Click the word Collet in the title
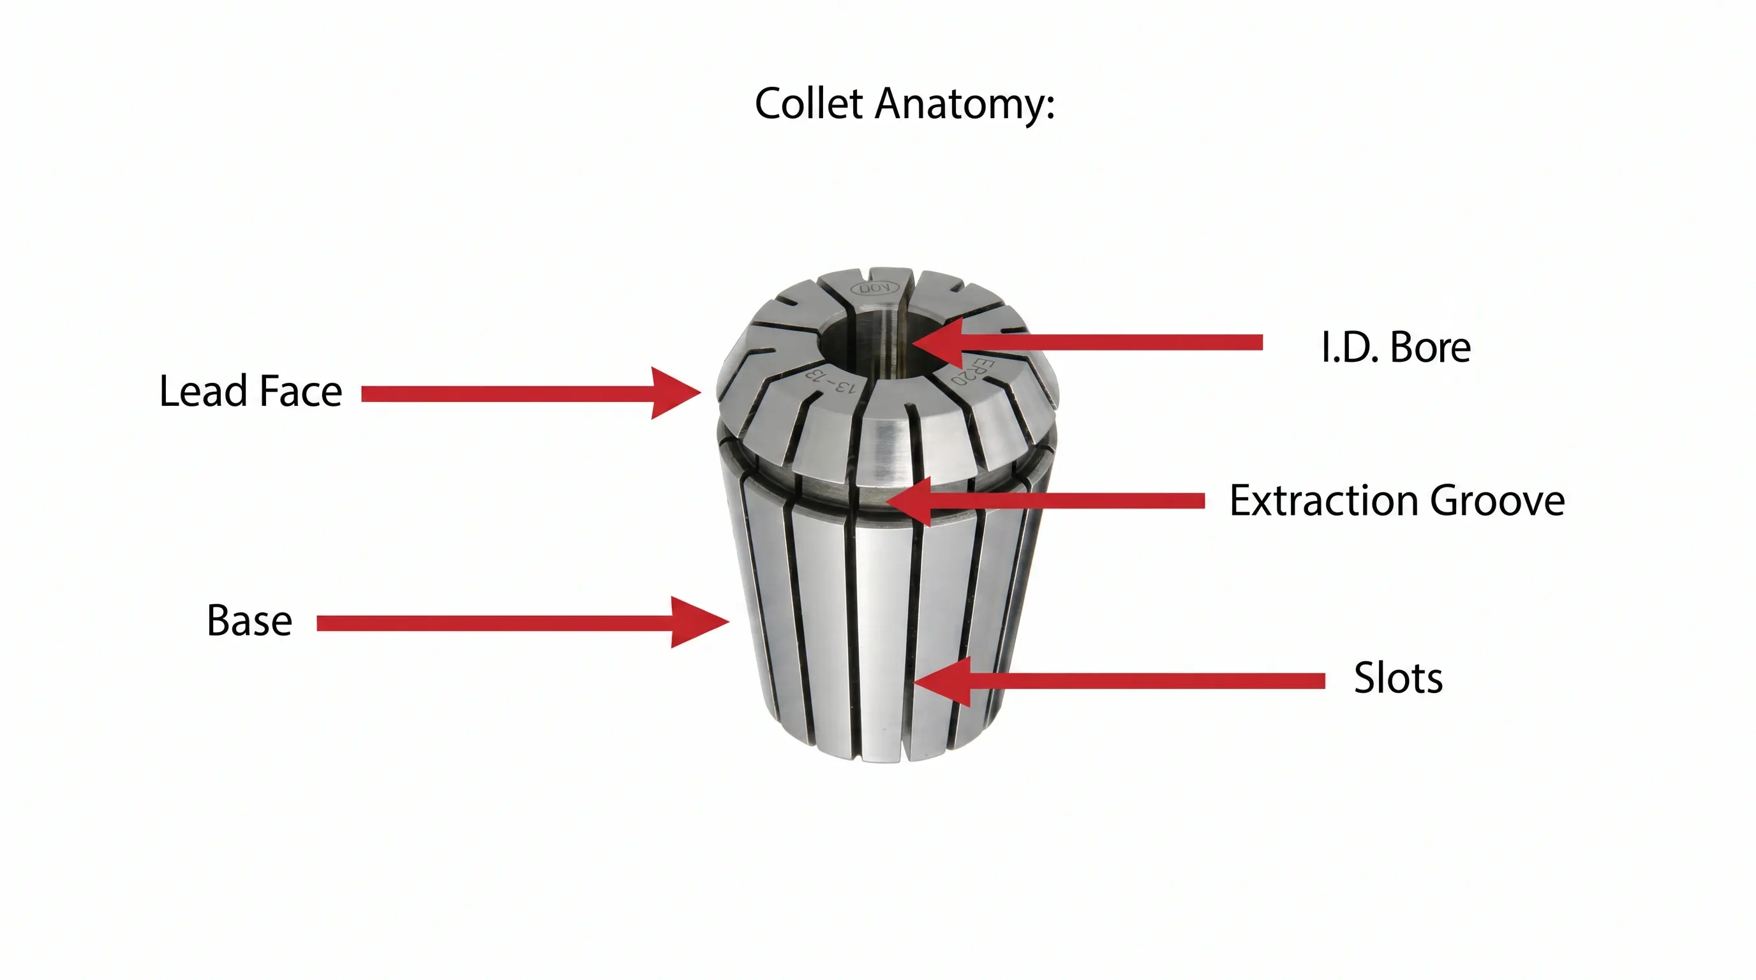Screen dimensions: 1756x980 809,103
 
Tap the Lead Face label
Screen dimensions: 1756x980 250,391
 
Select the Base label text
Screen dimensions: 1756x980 249,621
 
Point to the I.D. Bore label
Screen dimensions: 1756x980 1395,348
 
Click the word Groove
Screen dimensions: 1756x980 1497,501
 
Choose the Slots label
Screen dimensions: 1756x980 1398,678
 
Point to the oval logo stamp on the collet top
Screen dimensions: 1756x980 874,289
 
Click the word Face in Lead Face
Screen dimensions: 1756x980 300,391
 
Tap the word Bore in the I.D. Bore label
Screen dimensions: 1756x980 1430,348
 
